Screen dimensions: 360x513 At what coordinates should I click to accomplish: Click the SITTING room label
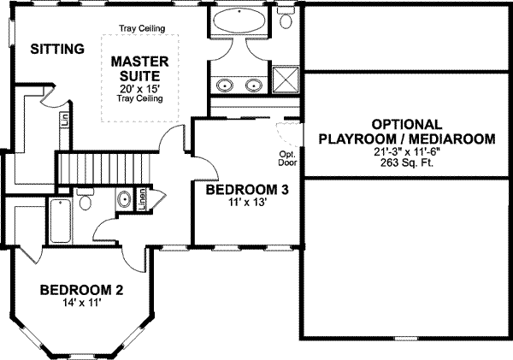click(57, 49)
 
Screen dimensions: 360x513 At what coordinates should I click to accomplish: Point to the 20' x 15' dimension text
click(139, 88)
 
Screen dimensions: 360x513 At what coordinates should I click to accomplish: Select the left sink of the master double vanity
click(226, 85)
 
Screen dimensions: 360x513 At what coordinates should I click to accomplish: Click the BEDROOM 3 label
click(246, 190)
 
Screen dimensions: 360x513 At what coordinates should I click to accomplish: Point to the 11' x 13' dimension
click(246, 204)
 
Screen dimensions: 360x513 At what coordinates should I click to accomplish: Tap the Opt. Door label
click(287, 159)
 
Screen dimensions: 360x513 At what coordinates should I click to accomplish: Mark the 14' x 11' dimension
click(82, 304)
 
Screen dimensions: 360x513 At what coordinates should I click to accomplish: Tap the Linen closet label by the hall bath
click(142, 199)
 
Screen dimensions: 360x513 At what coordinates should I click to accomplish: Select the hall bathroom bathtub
click(61, 221)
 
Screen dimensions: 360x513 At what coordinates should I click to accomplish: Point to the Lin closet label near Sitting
click(64, 119)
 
